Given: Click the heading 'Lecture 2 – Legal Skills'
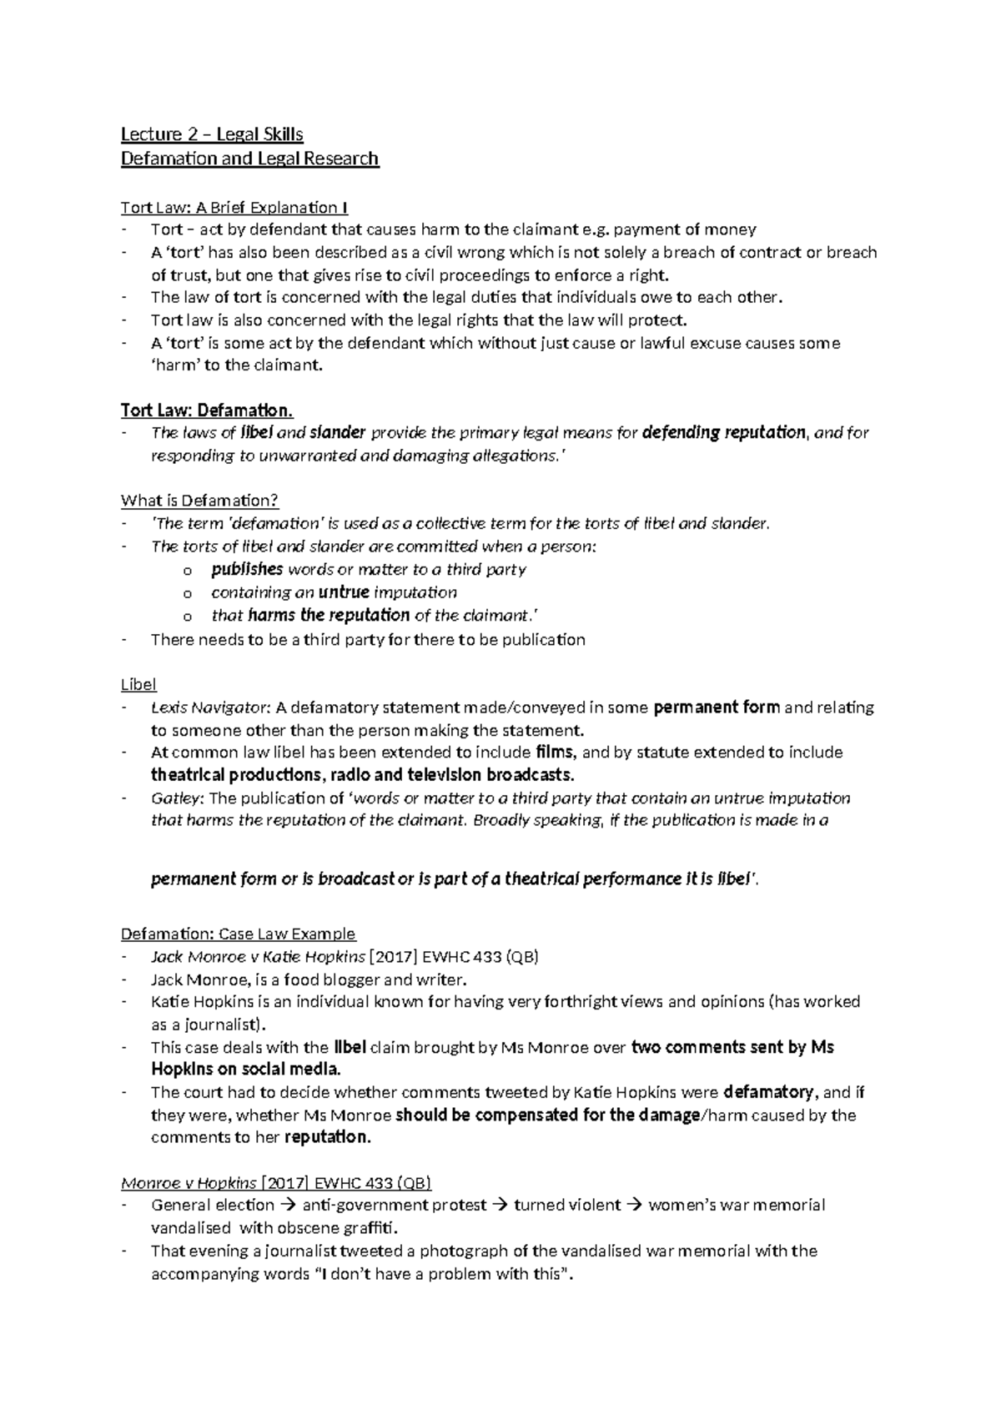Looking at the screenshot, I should click(212, 134).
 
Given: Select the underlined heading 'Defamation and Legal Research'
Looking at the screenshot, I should click(249, 159).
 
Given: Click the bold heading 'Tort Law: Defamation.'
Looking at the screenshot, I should click(207, 410).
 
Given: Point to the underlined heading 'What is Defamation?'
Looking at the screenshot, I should click(199, 501).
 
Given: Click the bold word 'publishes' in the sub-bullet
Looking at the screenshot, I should click(247, 570).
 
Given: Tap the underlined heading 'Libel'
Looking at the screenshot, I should click(138, 684).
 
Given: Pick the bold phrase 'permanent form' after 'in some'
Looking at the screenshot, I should click(717, 707).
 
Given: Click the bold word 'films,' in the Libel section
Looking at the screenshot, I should click(556, 752).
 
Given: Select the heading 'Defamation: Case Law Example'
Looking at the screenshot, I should click(238, 934).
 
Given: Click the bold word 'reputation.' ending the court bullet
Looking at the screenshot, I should click(328, 1137).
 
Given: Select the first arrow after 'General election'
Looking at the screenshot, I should click(289, 1205).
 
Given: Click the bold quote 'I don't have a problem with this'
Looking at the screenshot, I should click(445, 1274).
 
